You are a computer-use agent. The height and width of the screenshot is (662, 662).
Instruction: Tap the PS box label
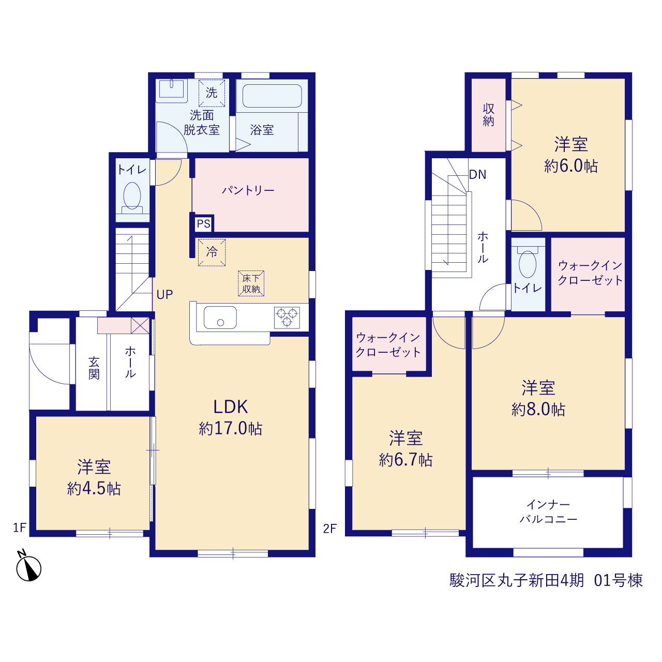tap(203, 223)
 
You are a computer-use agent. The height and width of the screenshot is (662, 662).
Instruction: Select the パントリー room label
tap(248, 190)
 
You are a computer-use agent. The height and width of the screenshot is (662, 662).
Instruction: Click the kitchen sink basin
tap(220, 318)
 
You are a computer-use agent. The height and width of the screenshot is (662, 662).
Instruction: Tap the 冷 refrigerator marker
tap(212, 252)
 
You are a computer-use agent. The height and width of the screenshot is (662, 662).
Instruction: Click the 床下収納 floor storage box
tap(251, 283)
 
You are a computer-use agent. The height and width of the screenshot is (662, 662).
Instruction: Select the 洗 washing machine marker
tap(212, 93)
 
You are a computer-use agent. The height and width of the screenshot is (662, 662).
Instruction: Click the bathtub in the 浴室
tap(272, 96)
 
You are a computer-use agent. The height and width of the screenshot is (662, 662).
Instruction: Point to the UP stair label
tap(164, 294)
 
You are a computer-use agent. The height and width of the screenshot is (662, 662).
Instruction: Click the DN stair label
tap(477, 174)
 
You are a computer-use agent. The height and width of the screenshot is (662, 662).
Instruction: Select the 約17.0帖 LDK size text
tap(231, 429)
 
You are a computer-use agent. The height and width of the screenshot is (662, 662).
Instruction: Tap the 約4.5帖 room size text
tap(94, 489)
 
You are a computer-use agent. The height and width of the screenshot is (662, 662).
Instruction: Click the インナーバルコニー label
tap(548, 512)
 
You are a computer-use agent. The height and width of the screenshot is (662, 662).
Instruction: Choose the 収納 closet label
tap(488, 115)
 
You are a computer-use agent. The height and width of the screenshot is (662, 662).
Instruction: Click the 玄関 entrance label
tap(94, 368)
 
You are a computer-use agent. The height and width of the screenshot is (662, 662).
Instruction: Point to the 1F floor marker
tap(20, 528)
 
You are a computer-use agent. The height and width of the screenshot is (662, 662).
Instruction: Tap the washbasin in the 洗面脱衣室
tap(171, 91)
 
